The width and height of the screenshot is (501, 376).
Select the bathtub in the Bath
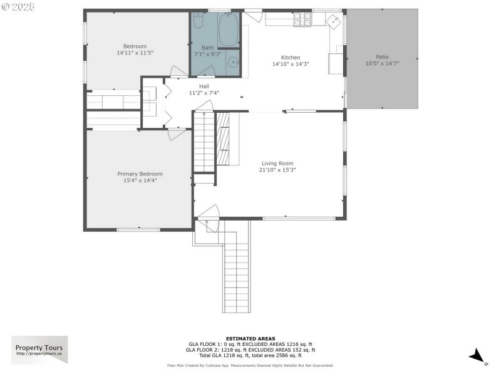point(228,29)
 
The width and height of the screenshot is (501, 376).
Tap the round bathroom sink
point(232,61)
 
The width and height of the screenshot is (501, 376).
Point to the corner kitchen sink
point(331,21)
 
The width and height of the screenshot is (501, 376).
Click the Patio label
point(381,56)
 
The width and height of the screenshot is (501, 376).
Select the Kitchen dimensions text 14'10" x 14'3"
point(290,64)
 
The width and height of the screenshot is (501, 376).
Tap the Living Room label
point(277,164)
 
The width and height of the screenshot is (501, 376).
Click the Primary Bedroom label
point(140,174)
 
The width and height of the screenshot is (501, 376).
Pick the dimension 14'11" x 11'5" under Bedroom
point(135,53)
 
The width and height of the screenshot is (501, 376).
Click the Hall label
point(204,86)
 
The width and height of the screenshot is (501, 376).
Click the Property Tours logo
point(39,350)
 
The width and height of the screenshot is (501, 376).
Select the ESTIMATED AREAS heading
point(250,338)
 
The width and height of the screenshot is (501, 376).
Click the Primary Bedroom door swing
point(175,133)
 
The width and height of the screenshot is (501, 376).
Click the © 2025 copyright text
point(19,6)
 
